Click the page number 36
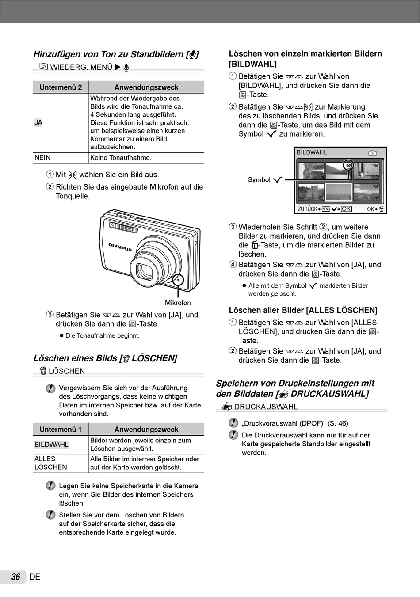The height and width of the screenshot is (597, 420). (x=16, y=577)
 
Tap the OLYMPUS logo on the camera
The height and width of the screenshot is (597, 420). (x=120, y=247)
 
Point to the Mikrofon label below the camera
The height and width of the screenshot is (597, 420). (x=178, y=303)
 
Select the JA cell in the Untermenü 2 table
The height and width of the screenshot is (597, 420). (x=38, y=123)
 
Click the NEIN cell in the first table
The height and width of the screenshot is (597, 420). (x=42, y=158)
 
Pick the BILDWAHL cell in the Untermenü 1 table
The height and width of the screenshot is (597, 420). (x=51, y=445)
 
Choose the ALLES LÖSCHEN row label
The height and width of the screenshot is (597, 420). (x=50, y=463)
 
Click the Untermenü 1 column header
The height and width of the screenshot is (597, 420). (x=61, y=430)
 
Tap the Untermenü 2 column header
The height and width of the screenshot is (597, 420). (x=61, y=87)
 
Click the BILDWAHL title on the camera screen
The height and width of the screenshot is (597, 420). (x=312, y=152)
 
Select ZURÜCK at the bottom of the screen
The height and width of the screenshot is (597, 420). (x=307, y=209)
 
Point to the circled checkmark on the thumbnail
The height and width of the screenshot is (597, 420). (x=349, y=165)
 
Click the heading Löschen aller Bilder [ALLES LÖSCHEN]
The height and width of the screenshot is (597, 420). (x=303, y=310)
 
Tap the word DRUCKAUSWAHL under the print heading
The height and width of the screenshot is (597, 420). (x=266, y=407)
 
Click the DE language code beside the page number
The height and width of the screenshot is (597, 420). (x=34, y=577)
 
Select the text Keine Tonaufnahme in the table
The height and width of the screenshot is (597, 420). (x=121, y=158)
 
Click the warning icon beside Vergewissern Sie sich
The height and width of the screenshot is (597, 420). (x=51, y=388)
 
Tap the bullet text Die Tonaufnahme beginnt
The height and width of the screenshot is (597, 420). (x=102, y=336)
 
